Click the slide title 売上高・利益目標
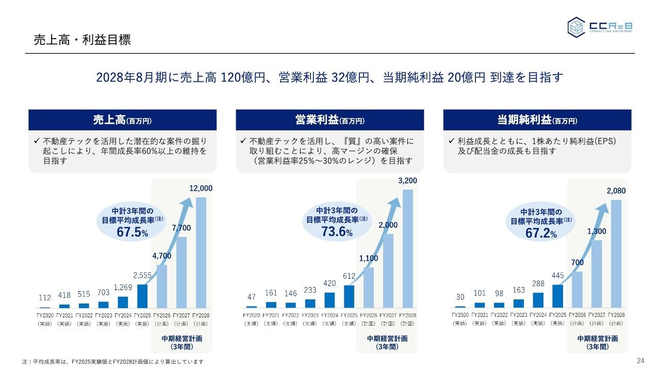point(82,40)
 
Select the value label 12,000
point(201,189)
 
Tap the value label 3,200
point(407,181)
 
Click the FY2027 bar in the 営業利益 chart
point(388,271)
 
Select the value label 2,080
point(616,191)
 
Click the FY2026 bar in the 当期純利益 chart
point(577,289)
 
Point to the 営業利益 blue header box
point(330,120)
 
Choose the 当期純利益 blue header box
point(537,120)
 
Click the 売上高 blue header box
point(122,120)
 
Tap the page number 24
point(641,360)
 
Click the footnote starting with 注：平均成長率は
point(113,362)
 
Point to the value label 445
point(557,276)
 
